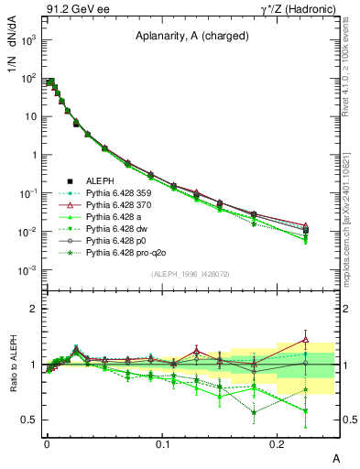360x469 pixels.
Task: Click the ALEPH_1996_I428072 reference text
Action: (180, 275)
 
